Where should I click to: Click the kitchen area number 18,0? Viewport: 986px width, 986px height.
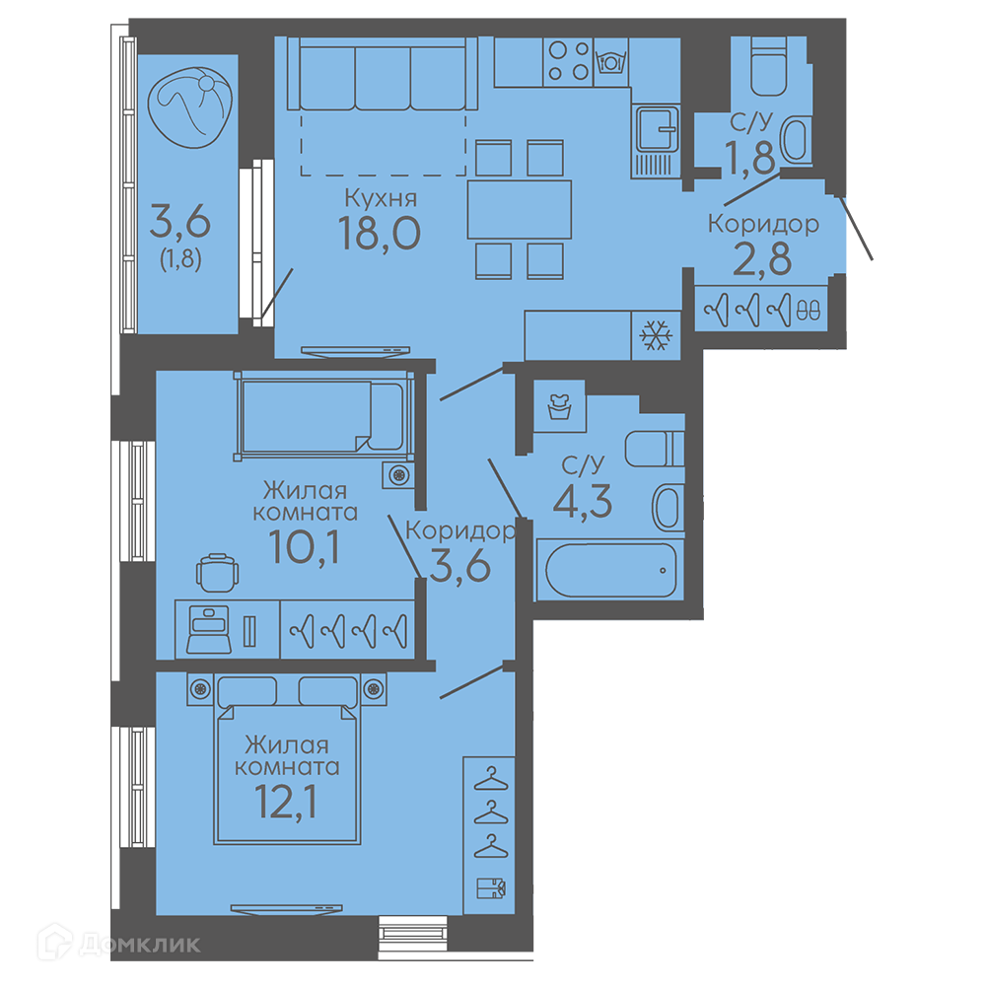[x=380, y=233]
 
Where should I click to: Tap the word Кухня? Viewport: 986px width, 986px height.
[x=381, y=198]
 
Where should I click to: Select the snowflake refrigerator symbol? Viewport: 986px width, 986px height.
[x=656, y=335]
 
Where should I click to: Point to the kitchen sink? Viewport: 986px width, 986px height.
[x=657, y=130]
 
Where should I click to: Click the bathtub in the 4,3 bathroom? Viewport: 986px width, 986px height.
[x=610, y=570]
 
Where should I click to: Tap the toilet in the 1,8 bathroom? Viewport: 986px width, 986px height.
[x=769, y=67]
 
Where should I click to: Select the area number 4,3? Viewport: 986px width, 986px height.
[x=583, y=501]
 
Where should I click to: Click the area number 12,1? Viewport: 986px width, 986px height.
[x=286, y=802]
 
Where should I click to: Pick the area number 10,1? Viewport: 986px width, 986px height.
[x=305, y=546]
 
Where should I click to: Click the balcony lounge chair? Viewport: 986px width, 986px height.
[x=190, y=107]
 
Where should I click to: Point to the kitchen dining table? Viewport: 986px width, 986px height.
[x=520, y=209]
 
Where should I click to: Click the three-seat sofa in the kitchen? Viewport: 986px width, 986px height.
[x=383, y=74]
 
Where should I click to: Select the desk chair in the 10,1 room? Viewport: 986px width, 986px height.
[x=218, y=573]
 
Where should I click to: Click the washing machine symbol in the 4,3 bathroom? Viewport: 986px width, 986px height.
[x=559, y=406]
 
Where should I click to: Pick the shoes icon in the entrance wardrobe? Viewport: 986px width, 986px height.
[x=809, y=310]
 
